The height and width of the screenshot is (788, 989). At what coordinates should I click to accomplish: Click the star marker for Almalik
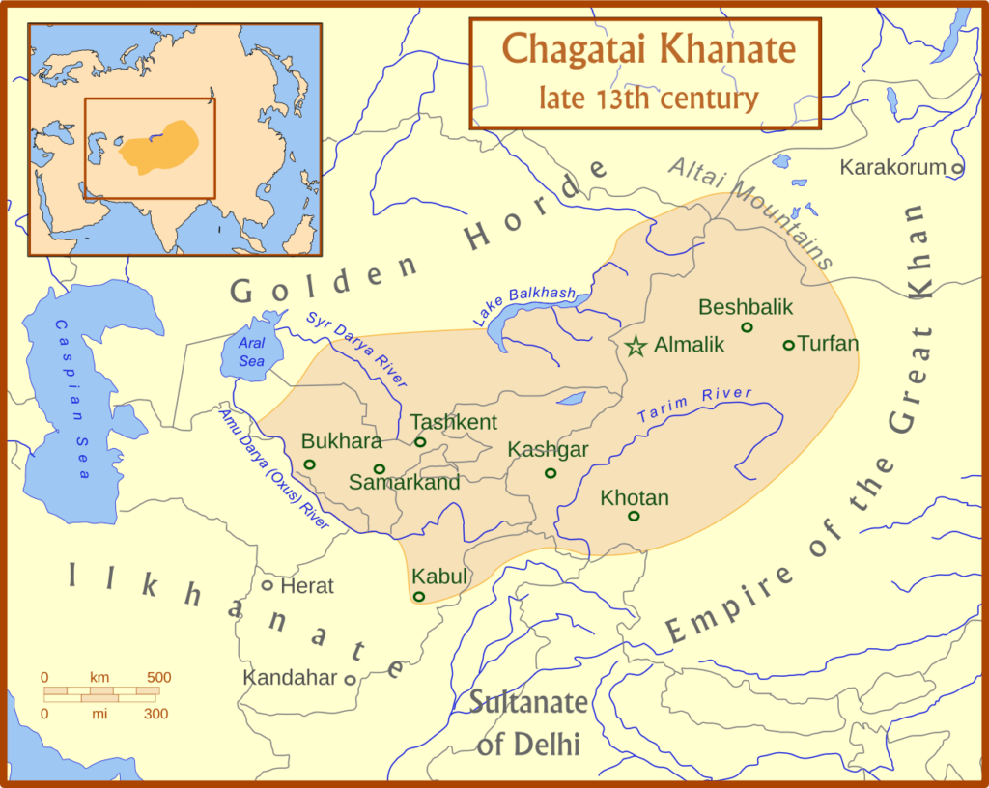pyautogui.click(x=636, y=346)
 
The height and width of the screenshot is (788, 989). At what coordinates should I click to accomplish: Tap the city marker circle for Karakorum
pyautogui.click(x=957, y=168)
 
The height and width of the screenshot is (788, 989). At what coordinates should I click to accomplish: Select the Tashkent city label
pyautogui.click(x=453, y=422)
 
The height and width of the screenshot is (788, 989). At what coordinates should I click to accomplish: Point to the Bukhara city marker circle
pyautogui.click(x=309, y=464)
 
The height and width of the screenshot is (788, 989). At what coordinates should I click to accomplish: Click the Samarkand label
pyautogui.click(x=404, y=482)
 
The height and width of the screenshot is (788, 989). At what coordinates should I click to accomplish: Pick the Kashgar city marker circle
pyautogui.click(x=551, y=473)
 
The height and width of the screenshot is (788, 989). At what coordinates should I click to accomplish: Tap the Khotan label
pyautogui.click(x=634, y=498)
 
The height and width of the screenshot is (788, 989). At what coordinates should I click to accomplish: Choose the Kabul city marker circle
pyautogui.click(x=418, y=597)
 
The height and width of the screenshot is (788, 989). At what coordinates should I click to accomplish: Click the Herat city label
pyautogui.click(x=306, y=585)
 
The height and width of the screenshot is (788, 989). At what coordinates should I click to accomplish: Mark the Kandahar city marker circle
pyautogui.click(x=350, y=680)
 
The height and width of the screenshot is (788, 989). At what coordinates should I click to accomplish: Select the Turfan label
pyautogui.click(x=829, y=343)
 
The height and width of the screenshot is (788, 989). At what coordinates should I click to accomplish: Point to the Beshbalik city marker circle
pyautogui.click(x=747, y=327)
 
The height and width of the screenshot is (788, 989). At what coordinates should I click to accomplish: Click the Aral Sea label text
pyautogui.click(x=250, y=353)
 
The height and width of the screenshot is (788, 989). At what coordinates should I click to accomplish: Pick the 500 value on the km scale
pyautogui.click(x=158, y=677)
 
